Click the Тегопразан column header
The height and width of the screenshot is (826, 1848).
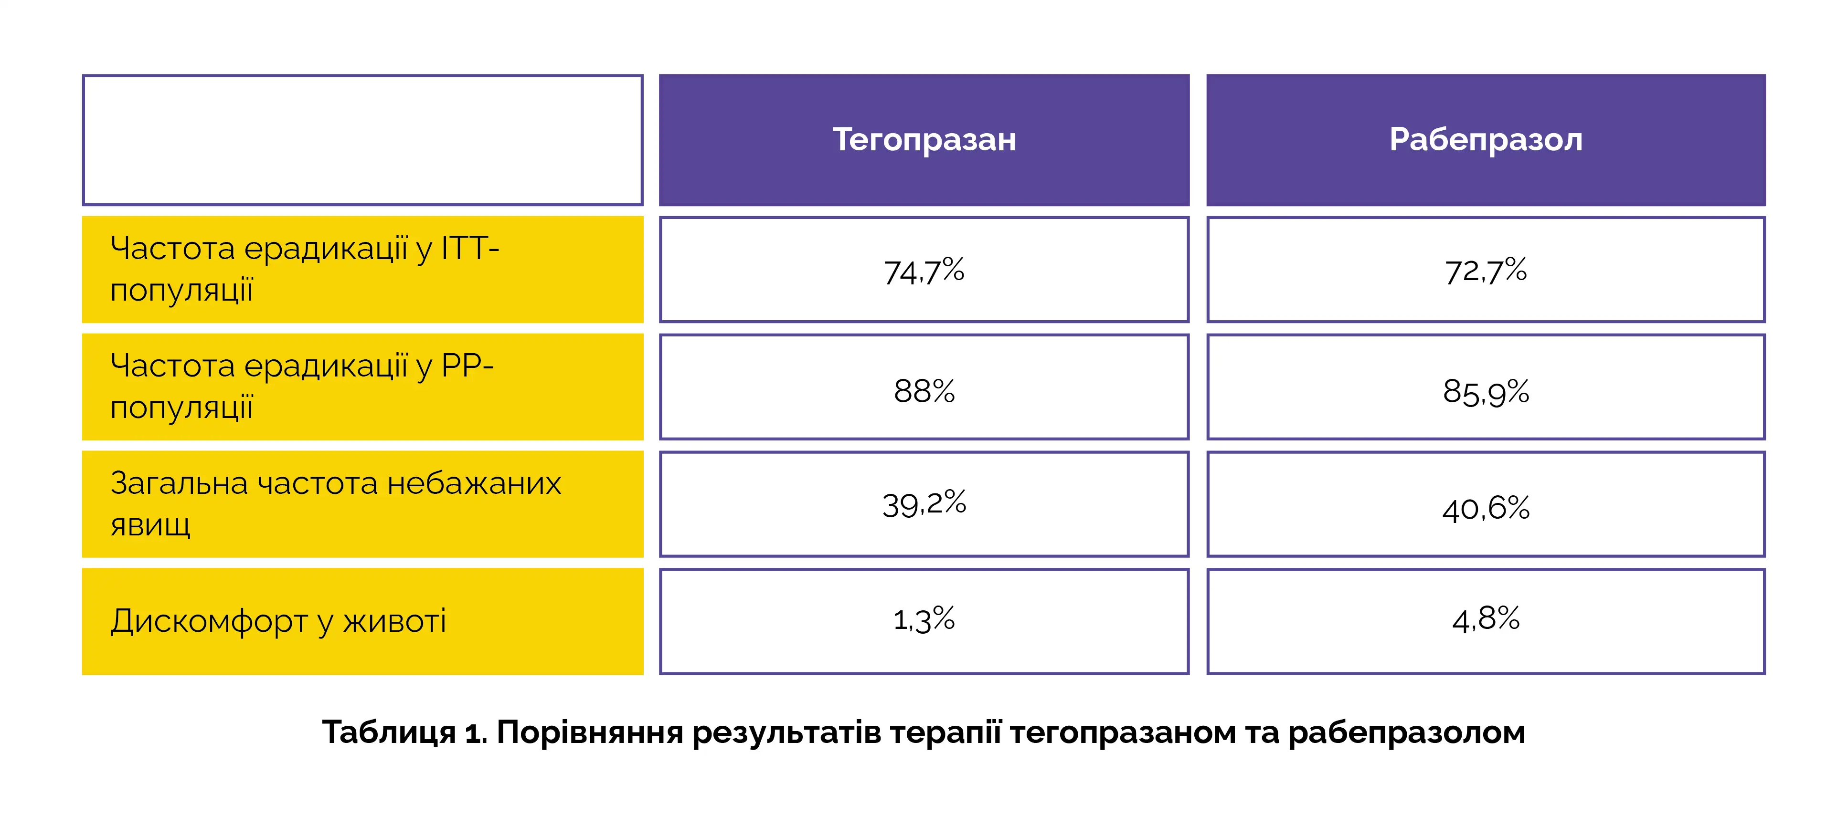pos(924,140)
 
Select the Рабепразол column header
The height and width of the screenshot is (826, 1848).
pos(1486,140)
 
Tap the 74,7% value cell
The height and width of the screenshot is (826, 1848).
pos(924,270)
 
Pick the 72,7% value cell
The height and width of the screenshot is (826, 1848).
pos(1486,270)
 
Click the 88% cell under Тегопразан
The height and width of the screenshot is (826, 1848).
pos(924,387)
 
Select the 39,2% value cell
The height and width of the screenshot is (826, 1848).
pos(924,504)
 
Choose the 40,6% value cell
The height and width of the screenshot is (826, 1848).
pos(1486,504)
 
